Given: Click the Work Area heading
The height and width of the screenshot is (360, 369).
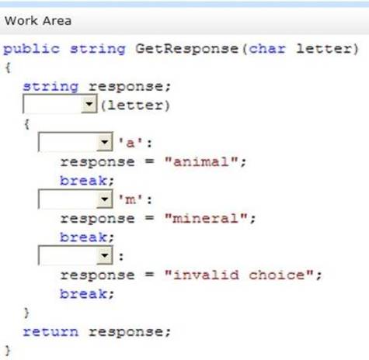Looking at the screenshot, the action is pyautogui.click(x=38, y=21).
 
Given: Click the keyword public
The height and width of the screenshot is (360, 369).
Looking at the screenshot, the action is pyautogui.click(x=31, y=49).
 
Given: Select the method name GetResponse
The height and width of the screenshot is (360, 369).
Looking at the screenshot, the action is pyautogui.click(x=186, y=49).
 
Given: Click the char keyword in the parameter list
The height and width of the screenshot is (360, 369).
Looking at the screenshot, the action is pyautogui.click(x=267, y=49).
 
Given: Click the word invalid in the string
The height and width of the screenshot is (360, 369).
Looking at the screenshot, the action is pyautogui.click(x=206, y=275).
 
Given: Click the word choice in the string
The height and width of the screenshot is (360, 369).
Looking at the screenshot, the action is pyautogui.click(x=277, y=275).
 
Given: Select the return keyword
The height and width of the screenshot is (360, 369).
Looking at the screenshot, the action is pyautogui.click(x=50, y=332).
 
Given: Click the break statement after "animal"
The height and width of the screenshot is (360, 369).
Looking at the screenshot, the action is pyautogui.click(x=83, y=181).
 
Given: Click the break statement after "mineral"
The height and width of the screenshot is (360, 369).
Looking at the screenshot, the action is pyautogui.click(x=83, y=237).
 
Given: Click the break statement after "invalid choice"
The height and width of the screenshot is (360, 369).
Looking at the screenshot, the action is pyautogui.click(x=83, y=294).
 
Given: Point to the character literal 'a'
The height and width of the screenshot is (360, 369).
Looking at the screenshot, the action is pyautogui.click(x=131, y=143).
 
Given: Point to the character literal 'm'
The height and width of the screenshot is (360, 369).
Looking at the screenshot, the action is pyautogui.click(x=131, y=199).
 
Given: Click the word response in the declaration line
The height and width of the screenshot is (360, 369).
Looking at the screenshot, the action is pyautogui.click(x=126, y=87).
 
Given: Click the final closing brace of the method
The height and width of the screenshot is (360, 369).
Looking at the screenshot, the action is pyautogui.click(x=8, y=351).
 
